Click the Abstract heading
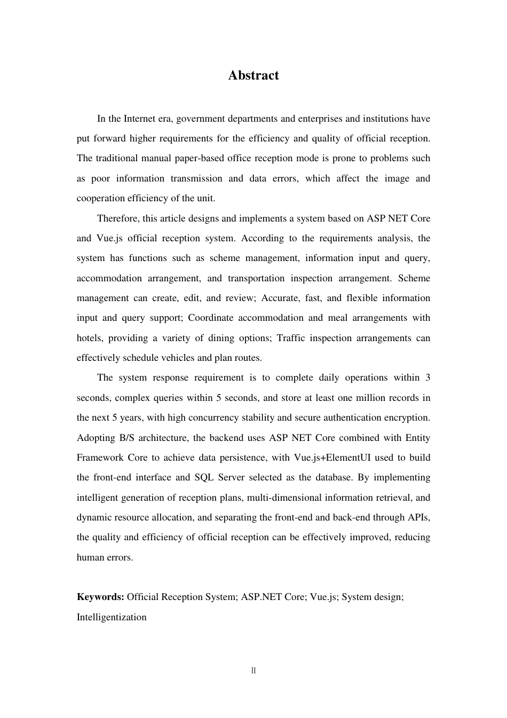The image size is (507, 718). pyautogui.click(x=253, y=75)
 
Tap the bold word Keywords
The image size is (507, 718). pyautogui.click(x=100, y=597)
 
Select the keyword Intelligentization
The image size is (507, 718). pyautogui.click(x=112, y=617)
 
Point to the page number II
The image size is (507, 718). pyautogui.click(x=253, y=670)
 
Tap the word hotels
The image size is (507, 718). pyautogui.click(x=90, y=338)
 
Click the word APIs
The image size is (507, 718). pyautogui.click(x=418, y=517)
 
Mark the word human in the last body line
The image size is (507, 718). pyautogui.click(x=90, y=557)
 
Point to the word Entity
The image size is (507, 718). pyautogui.click(x=417, y=438)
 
